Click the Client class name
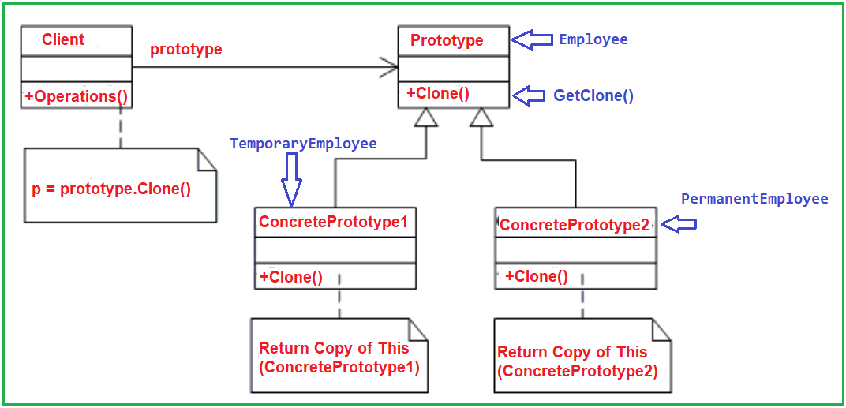pyautogui.click(x=63, y=39)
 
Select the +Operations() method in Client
pyautogui.click(x=77, y=96)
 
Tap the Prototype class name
pyautogui.click(x=447, y=40)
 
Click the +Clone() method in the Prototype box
pyautogui.click(x=438, y=93)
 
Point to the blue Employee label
pyautogui.click(x=593, y=39)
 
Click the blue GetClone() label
pyautogui.click(x=593, y=96)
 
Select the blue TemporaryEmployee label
pyautogui.click(x=303, y=144)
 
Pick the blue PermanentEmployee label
pyautogui.click(x=754, y=199)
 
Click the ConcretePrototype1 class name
pyautogui.click(x=333, y=222)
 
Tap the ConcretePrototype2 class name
pyautogui.click(x=575, y=225)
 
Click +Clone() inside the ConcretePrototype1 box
pyautogui.click(x=291, y=276)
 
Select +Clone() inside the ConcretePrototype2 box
pyautogui.click(x=537, y=276)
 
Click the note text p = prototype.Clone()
pyautogui.click(x=111, y=190)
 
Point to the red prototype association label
pyautogui.click(x=186, y=49)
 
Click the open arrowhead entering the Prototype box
pyautogui.click(x=389, y=67)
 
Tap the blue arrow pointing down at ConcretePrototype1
pyautogui.click(x=291, y=179)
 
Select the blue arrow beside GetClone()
pyautogui.click(x=530, y=95)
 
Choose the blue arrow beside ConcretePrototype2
pyautogui.click(x=679, y=224)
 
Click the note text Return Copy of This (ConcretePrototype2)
pyautogui.click(x=578, y=361)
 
